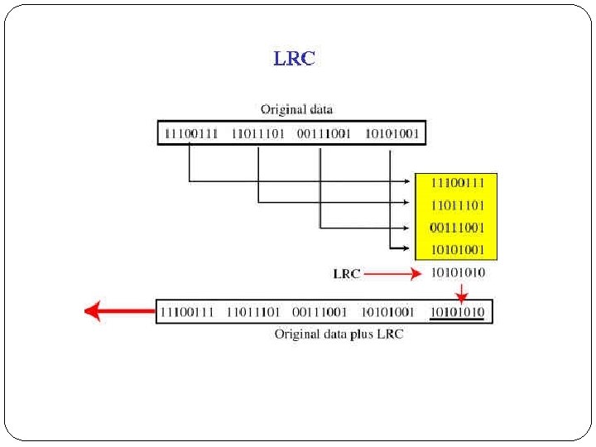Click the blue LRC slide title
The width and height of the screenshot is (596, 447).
[294, 58]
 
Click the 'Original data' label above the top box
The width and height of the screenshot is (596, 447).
[296, 108]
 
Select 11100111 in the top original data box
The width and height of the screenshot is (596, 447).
[191, 133]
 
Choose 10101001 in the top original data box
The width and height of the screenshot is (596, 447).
[392, 133]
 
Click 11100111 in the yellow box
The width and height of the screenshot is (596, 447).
[458, 181]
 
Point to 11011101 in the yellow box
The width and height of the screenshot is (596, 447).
[458, 204]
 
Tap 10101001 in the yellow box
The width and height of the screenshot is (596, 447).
[458, 249]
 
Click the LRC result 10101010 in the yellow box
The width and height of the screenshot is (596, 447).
[458, 272]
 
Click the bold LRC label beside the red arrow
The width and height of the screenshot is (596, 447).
[347, 273]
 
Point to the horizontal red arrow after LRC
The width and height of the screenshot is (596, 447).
[392, 273]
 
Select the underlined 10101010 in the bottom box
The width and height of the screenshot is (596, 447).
[458, 312]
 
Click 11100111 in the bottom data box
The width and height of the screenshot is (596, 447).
[187, 312]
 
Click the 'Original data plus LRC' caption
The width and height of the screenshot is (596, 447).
[339, 334]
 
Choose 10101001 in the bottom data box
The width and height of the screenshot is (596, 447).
[387, 312]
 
